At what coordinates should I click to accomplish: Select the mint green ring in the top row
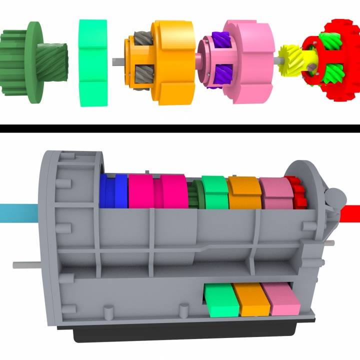click(93, 62)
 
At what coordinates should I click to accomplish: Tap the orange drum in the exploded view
click(172, 62)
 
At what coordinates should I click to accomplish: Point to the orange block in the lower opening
click(252, 299)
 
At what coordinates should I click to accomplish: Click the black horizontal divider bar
click(180, 128)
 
